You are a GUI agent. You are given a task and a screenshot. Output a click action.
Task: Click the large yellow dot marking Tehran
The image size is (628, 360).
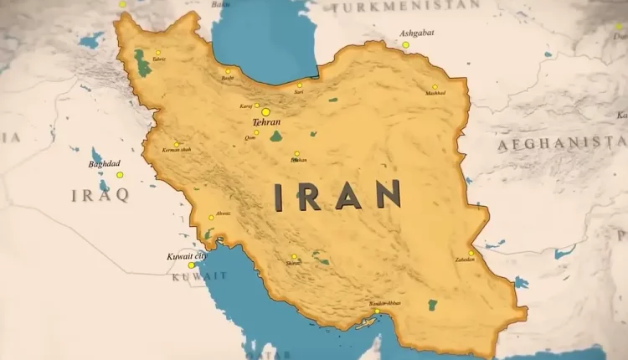(265, 111)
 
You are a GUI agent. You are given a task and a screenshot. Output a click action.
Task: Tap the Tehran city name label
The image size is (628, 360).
(266, 122)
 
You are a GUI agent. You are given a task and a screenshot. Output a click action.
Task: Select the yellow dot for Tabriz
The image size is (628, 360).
(157, 52)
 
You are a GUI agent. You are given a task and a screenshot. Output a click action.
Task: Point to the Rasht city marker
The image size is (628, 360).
(228, 71)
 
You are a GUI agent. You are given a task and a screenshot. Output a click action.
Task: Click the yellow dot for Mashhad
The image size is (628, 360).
(435, 87)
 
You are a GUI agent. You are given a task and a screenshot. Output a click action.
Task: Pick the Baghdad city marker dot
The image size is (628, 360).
(120, 175)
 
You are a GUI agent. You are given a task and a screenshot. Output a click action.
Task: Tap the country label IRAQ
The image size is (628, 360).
(100, 195)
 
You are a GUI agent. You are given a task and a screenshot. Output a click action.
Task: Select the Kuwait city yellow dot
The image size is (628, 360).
(191, 265)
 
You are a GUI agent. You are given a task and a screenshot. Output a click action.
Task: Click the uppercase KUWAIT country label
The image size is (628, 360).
(198, 276)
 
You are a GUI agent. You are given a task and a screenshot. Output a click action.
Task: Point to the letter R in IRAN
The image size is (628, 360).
(309, 195)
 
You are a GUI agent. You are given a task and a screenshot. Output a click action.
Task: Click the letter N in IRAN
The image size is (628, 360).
(388, 195)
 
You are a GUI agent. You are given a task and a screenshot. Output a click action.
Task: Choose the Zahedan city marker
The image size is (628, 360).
(471, 253)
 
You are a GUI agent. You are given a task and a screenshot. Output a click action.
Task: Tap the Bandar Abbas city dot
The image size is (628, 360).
(377, 311)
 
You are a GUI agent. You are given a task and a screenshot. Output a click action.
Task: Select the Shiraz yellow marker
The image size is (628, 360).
(294, 256)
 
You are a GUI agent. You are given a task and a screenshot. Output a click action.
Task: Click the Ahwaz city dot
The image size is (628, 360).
(211, 218)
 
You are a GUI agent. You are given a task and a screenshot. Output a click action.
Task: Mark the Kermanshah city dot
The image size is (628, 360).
(176, 144)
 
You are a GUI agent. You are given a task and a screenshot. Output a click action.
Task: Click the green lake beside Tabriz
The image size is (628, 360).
(143, 64)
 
